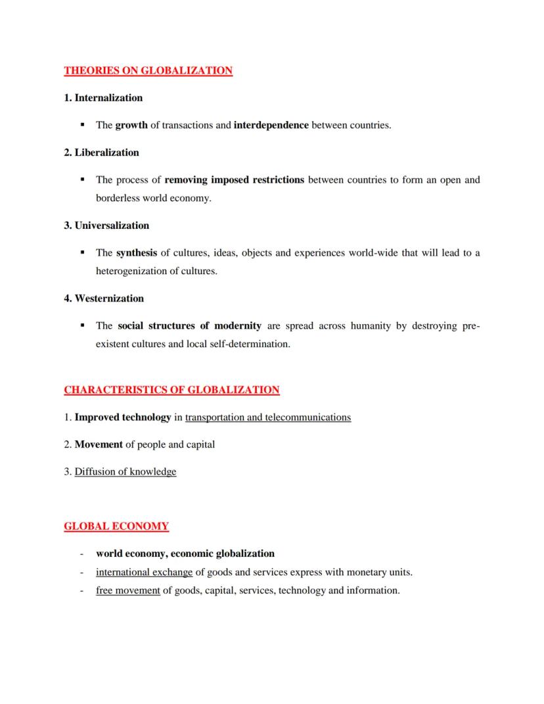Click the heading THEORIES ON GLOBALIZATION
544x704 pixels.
[148, 70]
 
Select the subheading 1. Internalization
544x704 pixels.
[103, 98]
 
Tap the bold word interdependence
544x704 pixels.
[271, 125]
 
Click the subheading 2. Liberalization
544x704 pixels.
[101, 153]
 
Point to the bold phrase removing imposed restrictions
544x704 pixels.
[234, 179]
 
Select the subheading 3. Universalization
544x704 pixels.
[106, 225]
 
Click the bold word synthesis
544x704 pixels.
[137, 252]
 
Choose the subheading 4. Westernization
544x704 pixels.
[104, 298]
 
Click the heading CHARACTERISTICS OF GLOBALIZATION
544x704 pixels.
[171, 390]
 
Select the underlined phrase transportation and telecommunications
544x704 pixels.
[268, 417]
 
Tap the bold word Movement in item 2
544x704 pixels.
[99, 444]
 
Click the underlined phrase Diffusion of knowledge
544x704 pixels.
[125, 471]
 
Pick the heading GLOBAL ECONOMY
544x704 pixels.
[116, 527]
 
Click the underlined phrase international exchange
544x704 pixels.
[144, 572]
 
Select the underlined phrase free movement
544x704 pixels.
[128, 590]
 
